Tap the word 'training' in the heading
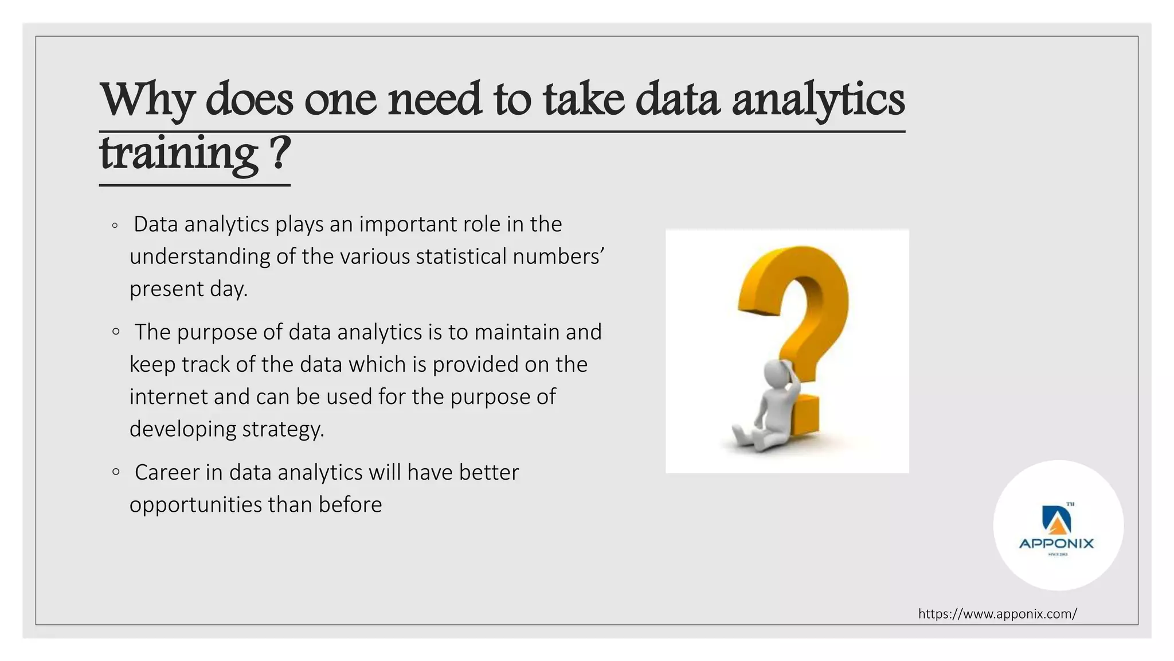(x=178, y=154)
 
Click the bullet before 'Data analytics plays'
(x=115, y=225)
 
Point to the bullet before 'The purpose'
(x=116, y=331)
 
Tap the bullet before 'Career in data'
(x=116, y=472)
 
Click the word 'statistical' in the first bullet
(x=461, y=256)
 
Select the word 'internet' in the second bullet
(x=168, y=396)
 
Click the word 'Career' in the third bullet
(x=167, y=472)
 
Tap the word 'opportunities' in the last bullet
(x=195, y=505)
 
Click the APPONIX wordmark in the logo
(x=1056, y=543)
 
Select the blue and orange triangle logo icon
(x=1056, y=519)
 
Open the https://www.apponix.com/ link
(x=997, y=614)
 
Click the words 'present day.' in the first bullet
(x=188, y=289)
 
